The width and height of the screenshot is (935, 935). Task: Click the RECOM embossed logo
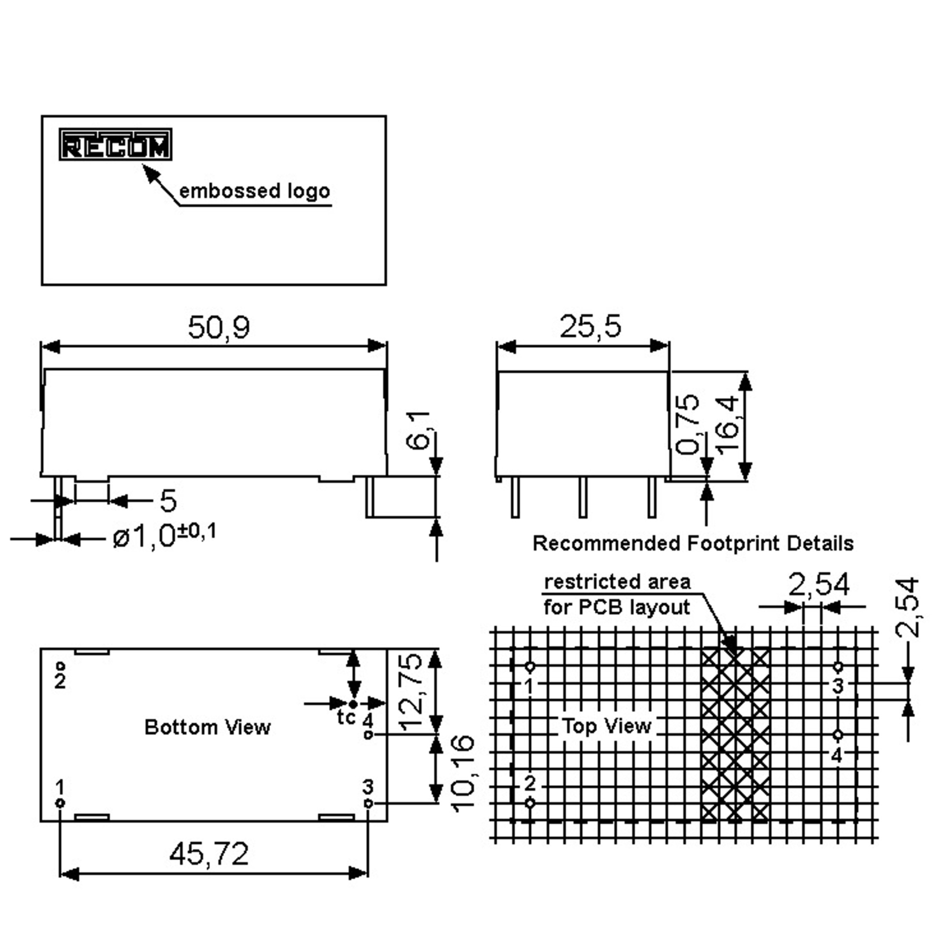click(x=116, y=144)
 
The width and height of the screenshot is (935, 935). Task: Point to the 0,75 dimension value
click(x=687, y=425)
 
